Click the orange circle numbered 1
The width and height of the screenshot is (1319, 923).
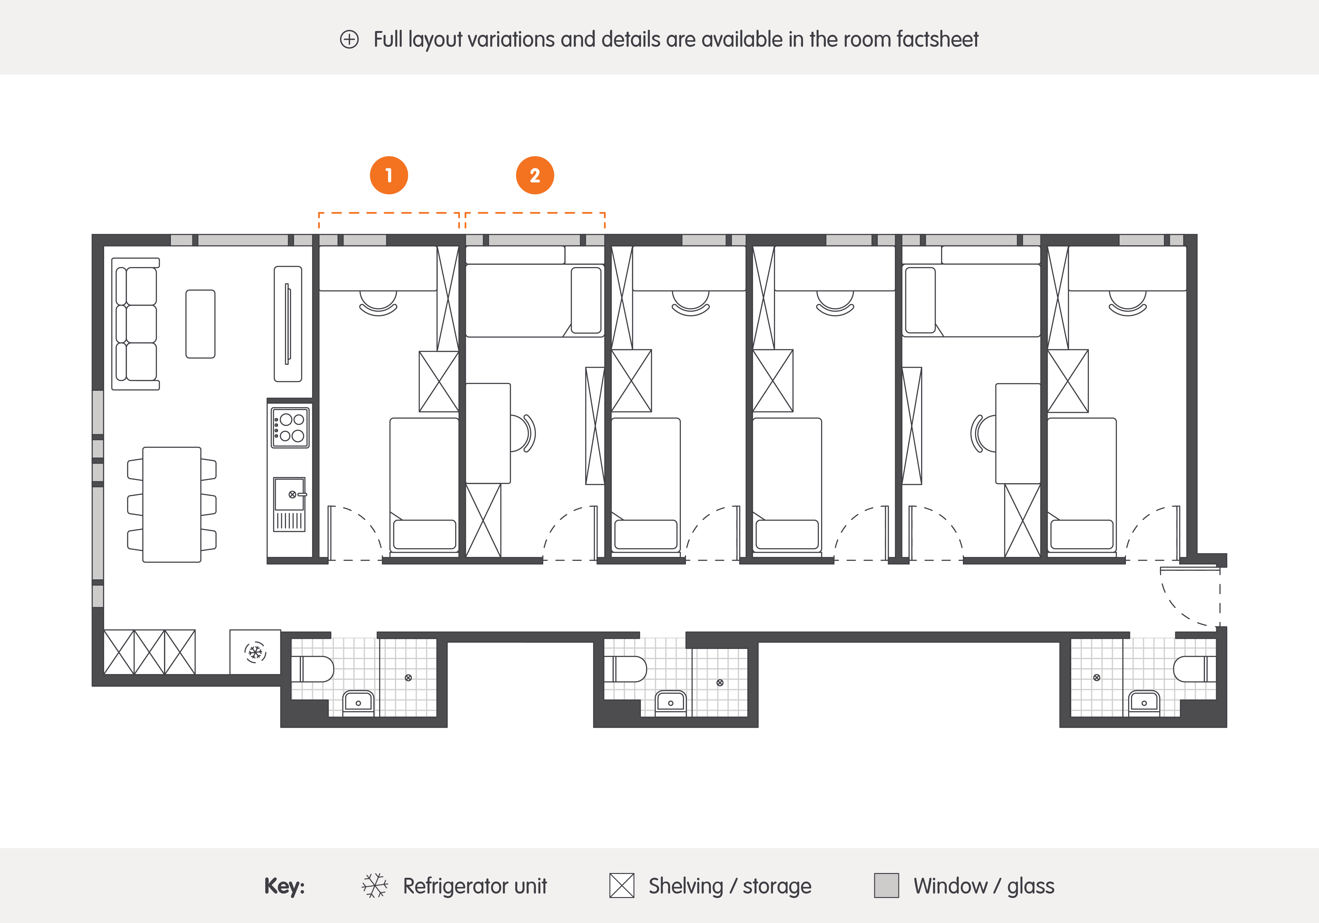(389, 175)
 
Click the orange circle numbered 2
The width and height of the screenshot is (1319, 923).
(535, 175)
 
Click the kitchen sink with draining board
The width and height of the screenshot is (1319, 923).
(290, 504)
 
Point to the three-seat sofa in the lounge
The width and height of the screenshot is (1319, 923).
(135, 324)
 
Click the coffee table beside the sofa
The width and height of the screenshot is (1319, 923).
(200, 324)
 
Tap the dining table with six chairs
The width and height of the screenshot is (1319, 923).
(172, 504)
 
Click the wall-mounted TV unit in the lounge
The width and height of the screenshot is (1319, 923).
(288, 324)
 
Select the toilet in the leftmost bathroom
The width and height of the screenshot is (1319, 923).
(313, 669)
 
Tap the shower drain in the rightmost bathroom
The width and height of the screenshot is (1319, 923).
(1097, 678)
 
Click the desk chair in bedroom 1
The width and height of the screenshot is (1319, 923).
(378, 303)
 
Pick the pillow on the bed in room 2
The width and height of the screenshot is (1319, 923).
(586, 300)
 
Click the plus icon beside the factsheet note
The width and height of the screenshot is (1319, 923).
(349, 40)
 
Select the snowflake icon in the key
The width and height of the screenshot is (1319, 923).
(374, 886)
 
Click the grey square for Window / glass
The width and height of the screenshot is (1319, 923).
(886, 886)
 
